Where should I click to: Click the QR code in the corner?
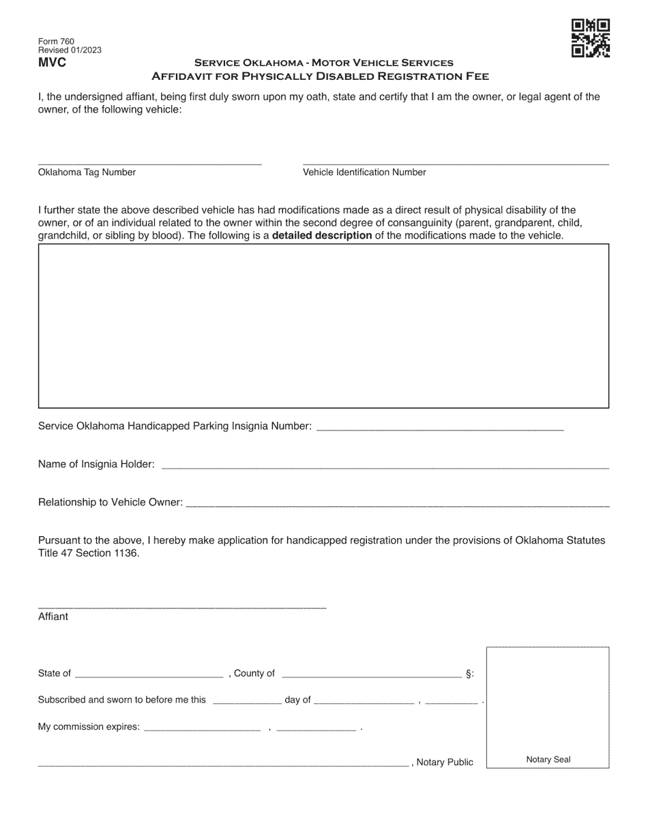coord(590,38)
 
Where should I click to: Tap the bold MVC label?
coord(53,63)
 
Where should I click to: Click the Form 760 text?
coord(56,42)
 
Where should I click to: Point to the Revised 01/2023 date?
coord(70,50)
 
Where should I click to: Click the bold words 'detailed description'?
coord(322,236)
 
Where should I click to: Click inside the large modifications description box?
coord(323,325)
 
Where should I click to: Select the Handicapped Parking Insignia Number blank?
coord(441,428)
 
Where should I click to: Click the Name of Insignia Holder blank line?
coord(384,466)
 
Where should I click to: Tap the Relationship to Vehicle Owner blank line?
coord(397,504)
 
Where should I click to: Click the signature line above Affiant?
coord(182,606)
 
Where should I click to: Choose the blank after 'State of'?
coord(149,675)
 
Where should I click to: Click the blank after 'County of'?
coord(371,675)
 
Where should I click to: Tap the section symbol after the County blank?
coord(469,674)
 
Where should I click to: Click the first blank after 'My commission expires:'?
coord(203,729)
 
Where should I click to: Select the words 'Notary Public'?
coord(444,762)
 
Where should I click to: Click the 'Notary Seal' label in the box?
coord(548,759)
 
